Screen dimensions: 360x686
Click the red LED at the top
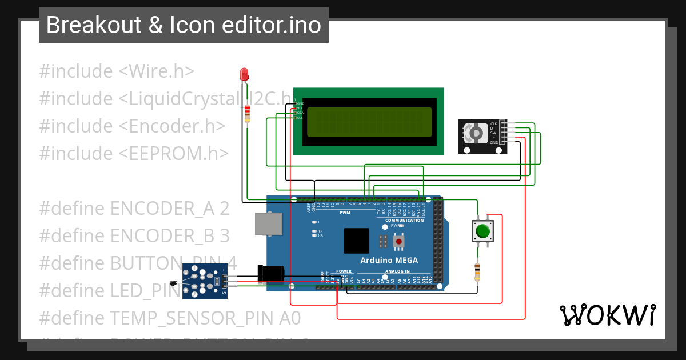tap(244, 74)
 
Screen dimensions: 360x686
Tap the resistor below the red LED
tap(247, 113)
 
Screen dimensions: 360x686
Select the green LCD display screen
tap(369, 122)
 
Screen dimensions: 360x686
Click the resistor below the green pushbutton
tap(477, 271)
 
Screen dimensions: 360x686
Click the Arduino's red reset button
tap(399, 242)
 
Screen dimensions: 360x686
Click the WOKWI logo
tap(607, 315)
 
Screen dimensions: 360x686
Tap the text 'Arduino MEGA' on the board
tap(389, 261)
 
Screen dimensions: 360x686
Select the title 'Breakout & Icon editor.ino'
tap(184, 25)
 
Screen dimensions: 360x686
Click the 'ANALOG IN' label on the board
tap(398, 271)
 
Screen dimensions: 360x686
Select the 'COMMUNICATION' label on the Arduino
tap(404, 220)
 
